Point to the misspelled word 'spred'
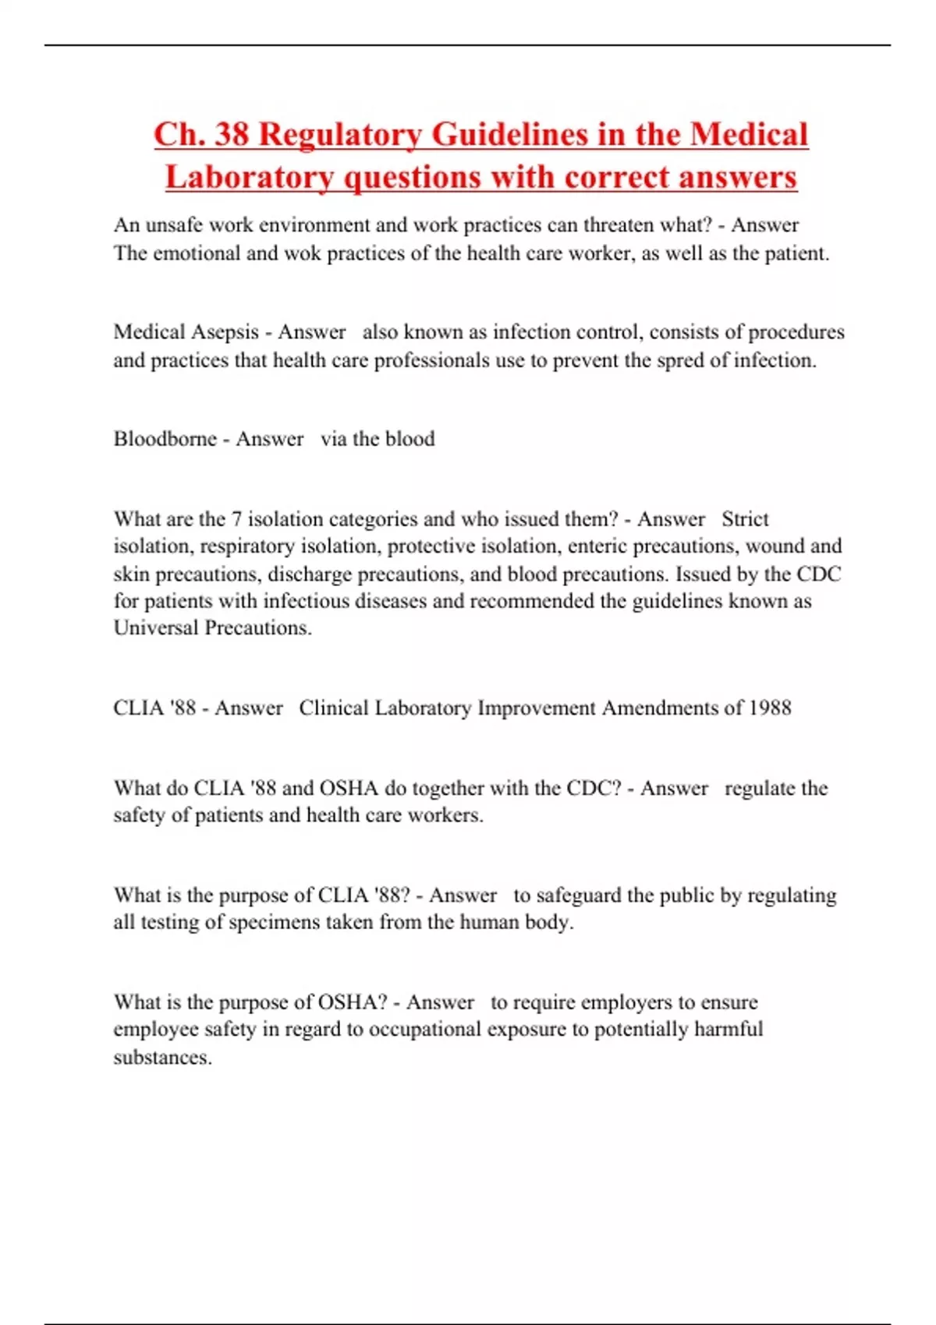tap(679, 360)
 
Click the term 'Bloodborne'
tap(165, 439)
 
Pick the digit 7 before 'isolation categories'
tap(236, 519)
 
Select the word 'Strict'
tap(745, 519)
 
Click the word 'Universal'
tap(156, 627)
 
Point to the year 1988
tap(770, 708)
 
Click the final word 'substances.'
tap(162, 1058)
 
